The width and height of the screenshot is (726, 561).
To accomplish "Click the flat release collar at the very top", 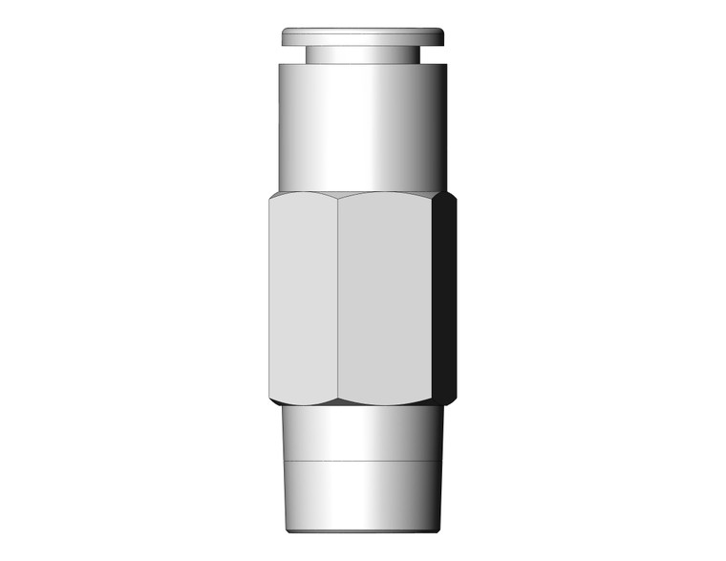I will tap(363, 36).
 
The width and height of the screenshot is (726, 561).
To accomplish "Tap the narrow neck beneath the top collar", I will tap(363, 54).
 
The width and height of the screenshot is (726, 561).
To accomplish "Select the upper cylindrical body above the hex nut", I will tap(363, 124).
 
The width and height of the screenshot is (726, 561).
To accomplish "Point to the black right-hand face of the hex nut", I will tap(444, 296).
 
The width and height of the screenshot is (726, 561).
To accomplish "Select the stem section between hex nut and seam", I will tap(363, 435).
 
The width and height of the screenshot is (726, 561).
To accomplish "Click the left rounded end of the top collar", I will tap(285, 36).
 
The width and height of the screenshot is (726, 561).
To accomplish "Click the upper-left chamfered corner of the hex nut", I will tap(273, 195).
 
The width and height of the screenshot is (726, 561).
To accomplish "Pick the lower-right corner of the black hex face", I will tap(453, 396).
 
